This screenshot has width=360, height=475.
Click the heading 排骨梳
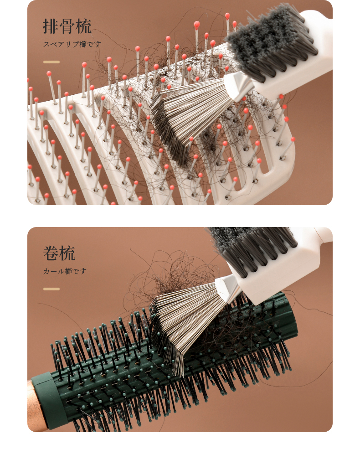pyautogui.click(x=67, y=26)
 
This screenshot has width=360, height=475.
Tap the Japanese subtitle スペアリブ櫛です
pyautogui.click(x=72, y=44)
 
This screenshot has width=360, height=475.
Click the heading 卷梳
pyautogui.click(x=59, y=253)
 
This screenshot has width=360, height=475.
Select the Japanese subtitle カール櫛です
pyautogui.click(x=65, y=271)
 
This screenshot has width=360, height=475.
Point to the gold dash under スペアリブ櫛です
pyautogui.click(x=51, y=62)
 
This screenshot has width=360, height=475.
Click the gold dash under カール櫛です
pyautogui.click(x=51, y=289)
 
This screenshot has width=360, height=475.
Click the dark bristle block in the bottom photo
pyautogui.click(x=251, y=248)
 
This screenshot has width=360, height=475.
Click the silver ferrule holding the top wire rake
pyautogui.click(x=239, y=86)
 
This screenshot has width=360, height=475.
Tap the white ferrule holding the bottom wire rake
pyautogui.click(x=228, y=288)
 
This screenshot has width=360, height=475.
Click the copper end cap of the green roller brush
pyautogui.click(x=36, y=406)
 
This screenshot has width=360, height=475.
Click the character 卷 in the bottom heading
pyautogui.click(x=51, y=253)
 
